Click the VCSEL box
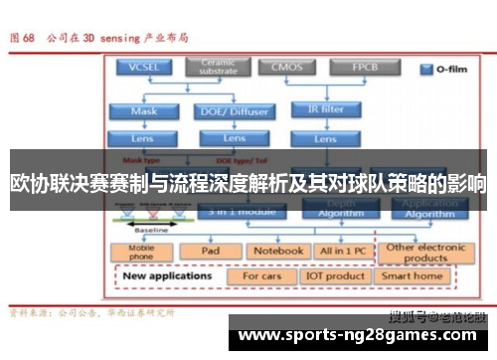pyautogui.click(x=144, y=68)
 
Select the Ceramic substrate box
pyautogui.click(x=218, y=67)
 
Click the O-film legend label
pyautogui.click(x=448, y=71)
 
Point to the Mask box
pyautogui.click(x=144, y=111)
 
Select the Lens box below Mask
pyautogui.click(x=144, y=138)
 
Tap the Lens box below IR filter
pyautogui.click(x=324, y=138)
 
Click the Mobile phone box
pyautogui.click(x=142, y=252)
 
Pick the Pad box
pyautogui.click(x=210, y=251)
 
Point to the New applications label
pyautogui.click(x=167, y=275)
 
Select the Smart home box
pyautogui.click(x=413, y=275)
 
